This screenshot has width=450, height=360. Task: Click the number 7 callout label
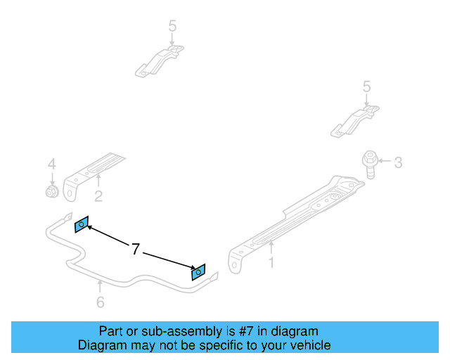pyautogui.click(x=136, y=248)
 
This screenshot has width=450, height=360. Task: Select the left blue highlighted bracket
pyautogui.click(x=82, y=224)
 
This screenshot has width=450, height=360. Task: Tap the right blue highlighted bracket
pyautogui.click(x=198, y=271)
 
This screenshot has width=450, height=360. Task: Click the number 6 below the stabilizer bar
pyautogui.click(x=100, y=302)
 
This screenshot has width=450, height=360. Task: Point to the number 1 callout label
pyautogui.click(x=271, y=263)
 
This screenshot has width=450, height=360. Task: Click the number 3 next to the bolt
pyautogui.click(x=397, y=163)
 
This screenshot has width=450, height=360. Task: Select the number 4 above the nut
pyautogui.click(x=51, y=164)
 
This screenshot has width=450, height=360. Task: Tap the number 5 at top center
pyautogui.click(x=172, y=26)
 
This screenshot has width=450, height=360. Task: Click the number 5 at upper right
pyautogui.click(x=366, y=86)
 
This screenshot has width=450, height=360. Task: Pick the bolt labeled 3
pyautogui.click(x=368, y=163)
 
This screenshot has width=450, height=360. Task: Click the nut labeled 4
pyautogui.click(x=52, y=191)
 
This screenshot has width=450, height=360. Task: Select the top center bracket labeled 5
pyautogui.click(x=160, y=60)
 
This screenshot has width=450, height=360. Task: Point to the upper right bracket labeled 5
pyautogui.click(x=355, y=120)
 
